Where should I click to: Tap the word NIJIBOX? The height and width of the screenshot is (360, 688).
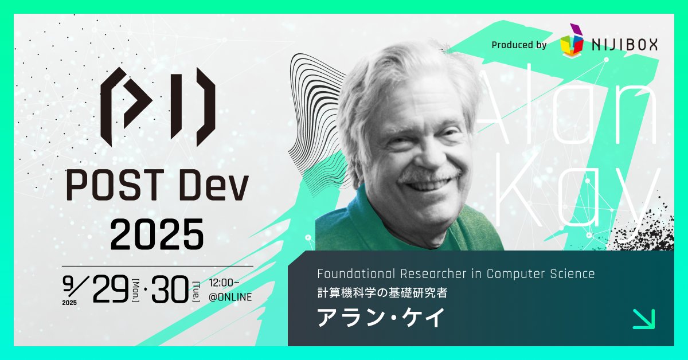point(624,44)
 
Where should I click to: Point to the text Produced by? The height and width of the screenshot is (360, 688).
point(519,45)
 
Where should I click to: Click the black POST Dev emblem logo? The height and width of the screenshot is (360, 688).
point(158,107)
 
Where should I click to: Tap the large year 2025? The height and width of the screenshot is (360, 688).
point(157,233)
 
